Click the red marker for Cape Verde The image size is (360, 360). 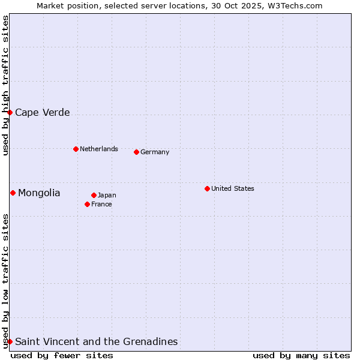(x=10, y=112)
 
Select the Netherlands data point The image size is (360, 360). (x=76, y=149)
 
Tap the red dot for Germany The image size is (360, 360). (x=136, y=152)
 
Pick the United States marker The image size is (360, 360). (x=207, y=188)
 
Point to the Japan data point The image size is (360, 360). (x=94, y=195)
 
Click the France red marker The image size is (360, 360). (x=87, y=204)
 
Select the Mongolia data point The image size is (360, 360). (x=13, y=193)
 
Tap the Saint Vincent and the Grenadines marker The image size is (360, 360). (x=10, y=341)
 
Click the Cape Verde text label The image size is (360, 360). (x=43, y=112)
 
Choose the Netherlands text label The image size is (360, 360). (x=99, y=149)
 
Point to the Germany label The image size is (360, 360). (x=155, y=152)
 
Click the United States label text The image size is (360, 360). (x=233, y=188)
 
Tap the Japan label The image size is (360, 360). (x=107, y=195)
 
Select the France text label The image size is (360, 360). (x=101, y=204)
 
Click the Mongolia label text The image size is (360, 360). (x=39, y=193)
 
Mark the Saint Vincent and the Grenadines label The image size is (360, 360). (x=97, y=341)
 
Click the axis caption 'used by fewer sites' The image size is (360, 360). (x=62, y=355)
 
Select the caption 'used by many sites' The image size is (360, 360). (x=301, y=355)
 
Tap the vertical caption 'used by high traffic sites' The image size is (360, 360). (x=5, y=85)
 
